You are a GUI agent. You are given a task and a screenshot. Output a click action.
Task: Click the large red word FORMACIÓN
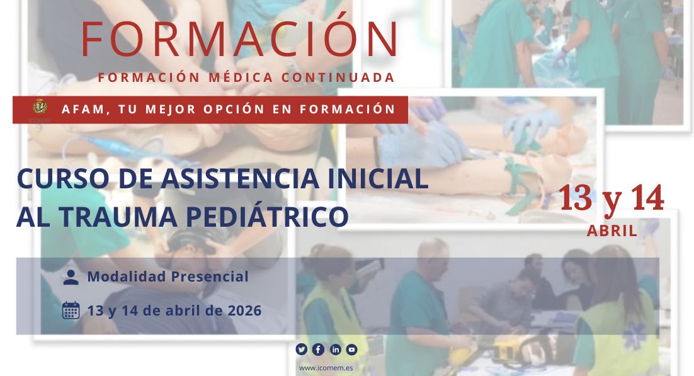tap(240, 39)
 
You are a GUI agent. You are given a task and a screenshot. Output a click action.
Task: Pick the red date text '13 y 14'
tap(611, 198)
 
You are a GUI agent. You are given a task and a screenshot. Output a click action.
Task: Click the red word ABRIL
tap(612, 231)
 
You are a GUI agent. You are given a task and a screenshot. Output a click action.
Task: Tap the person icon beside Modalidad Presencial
tap(71, 277)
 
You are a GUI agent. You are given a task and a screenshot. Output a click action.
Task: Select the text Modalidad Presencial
tap(168, 276)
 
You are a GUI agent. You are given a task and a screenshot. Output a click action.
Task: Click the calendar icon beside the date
tap(71, 310)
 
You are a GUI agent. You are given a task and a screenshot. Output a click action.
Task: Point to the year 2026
tap(245, 310)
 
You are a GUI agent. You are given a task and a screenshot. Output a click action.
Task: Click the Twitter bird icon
tap(302, 350)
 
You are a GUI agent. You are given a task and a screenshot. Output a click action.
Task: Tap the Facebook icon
tap(319, 350)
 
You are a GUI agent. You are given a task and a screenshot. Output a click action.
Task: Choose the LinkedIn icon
tap(336, 350)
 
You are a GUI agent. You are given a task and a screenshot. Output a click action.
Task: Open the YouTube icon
tap(352, 350)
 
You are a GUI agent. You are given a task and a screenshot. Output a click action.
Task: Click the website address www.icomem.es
tap(326, 368)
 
